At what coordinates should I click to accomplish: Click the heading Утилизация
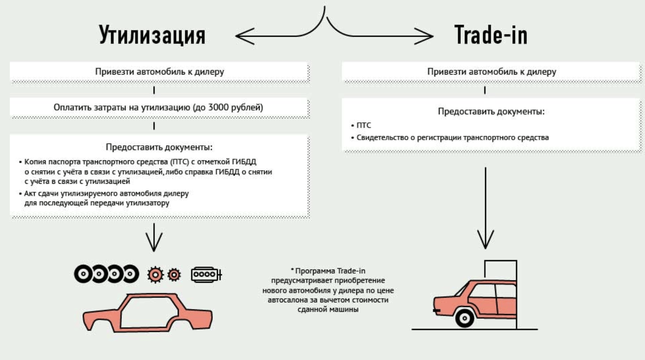pos(152,36)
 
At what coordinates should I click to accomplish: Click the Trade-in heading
pos(491,36)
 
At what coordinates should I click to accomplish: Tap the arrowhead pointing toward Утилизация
pos(241,36)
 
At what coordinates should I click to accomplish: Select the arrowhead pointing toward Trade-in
pos(427,36)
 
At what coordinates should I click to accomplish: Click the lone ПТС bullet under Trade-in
pos(364,126)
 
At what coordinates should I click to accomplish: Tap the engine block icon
pos(205,274)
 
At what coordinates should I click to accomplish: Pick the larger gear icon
pos(155,274)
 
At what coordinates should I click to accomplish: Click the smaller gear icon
pos(174,274)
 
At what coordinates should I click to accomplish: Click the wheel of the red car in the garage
pos(464,318)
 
